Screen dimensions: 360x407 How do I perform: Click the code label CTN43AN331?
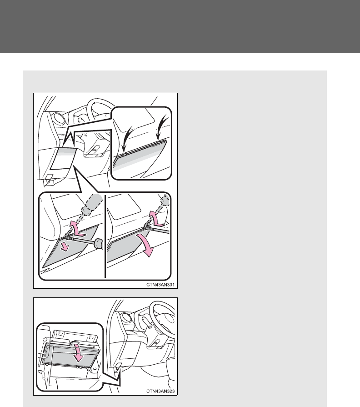[160, 285]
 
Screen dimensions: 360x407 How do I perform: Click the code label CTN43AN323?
[160, 391]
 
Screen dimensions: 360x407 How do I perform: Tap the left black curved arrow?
[127, 139]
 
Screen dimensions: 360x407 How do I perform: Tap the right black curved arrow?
[162, 127]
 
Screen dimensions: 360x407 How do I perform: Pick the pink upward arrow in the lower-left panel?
[77, 228]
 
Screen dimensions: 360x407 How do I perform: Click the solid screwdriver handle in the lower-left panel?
[98, 243]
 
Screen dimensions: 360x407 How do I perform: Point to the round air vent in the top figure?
[60, 120]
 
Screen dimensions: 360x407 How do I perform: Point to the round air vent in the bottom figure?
[127, 318]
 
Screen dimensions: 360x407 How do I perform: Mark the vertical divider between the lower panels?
[105, 236]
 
